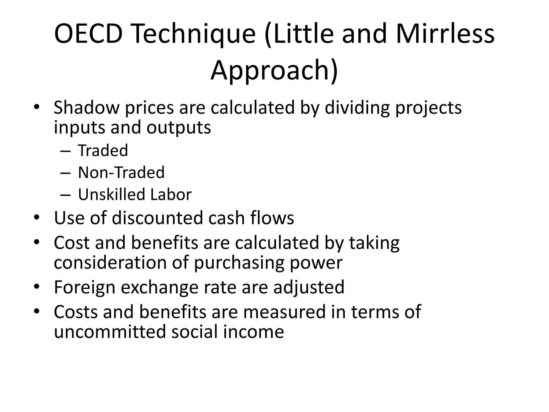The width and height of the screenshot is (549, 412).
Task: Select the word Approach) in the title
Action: point(274,70)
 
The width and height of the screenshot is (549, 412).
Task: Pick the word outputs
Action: point(179,127)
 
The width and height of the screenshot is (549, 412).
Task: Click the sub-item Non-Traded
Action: point(121,172)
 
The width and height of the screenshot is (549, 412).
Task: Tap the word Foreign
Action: point(85,287)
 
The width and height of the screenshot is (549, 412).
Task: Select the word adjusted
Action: point(309,287)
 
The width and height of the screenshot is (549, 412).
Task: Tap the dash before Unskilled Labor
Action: point(65,195)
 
